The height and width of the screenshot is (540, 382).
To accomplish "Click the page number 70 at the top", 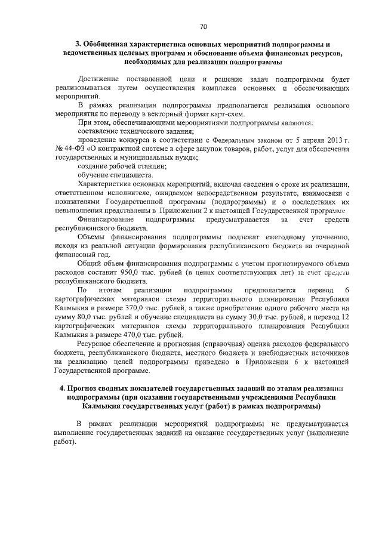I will tap(202, 27).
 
